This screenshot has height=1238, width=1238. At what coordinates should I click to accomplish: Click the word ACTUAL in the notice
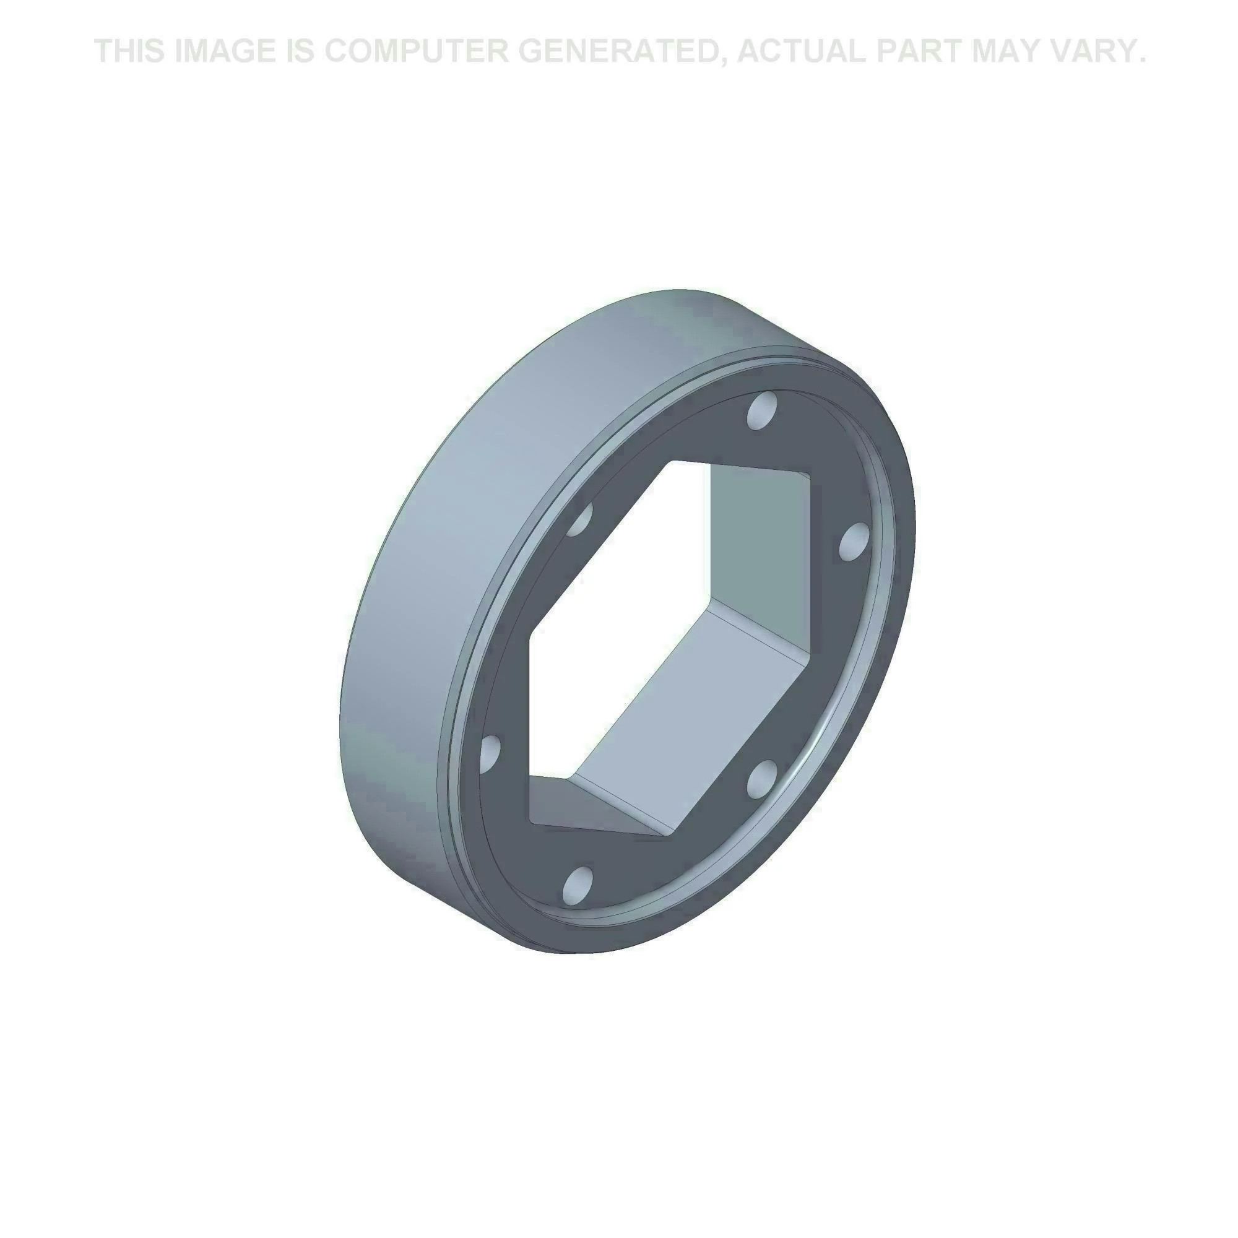click(801, 51)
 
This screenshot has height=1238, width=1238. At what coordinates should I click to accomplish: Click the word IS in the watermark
click(298, 51)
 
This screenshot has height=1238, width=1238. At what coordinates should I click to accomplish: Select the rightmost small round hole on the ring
click(855, 543)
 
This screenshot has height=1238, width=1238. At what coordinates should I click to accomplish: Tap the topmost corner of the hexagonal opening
click(670, 461)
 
